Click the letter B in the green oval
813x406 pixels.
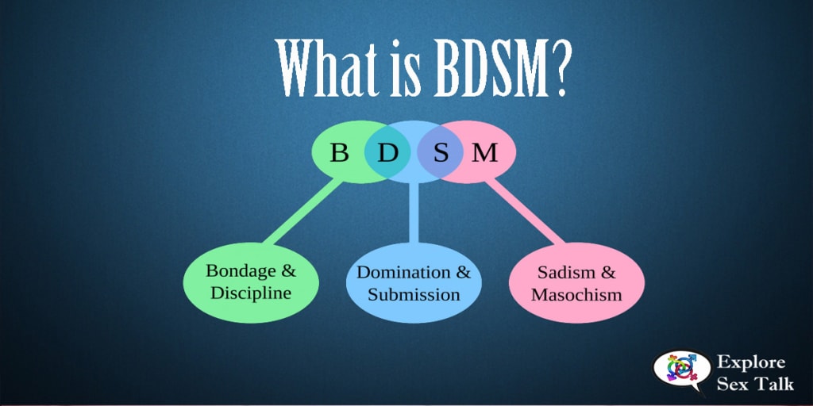(339, 151)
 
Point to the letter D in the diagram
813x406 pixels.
(387, 151)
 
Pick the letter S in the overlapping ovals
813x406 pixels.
(441, 151)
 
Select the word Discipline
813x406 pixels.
(251, 293)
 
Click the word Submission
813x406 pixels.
(414, 294)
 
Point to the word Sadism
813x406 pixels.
(564, 273)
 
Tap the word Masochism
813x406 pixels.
(576, 295)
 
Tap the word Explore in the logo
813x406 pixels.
(750, 363)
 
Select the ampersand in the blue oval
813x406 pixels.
(462, 272)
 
